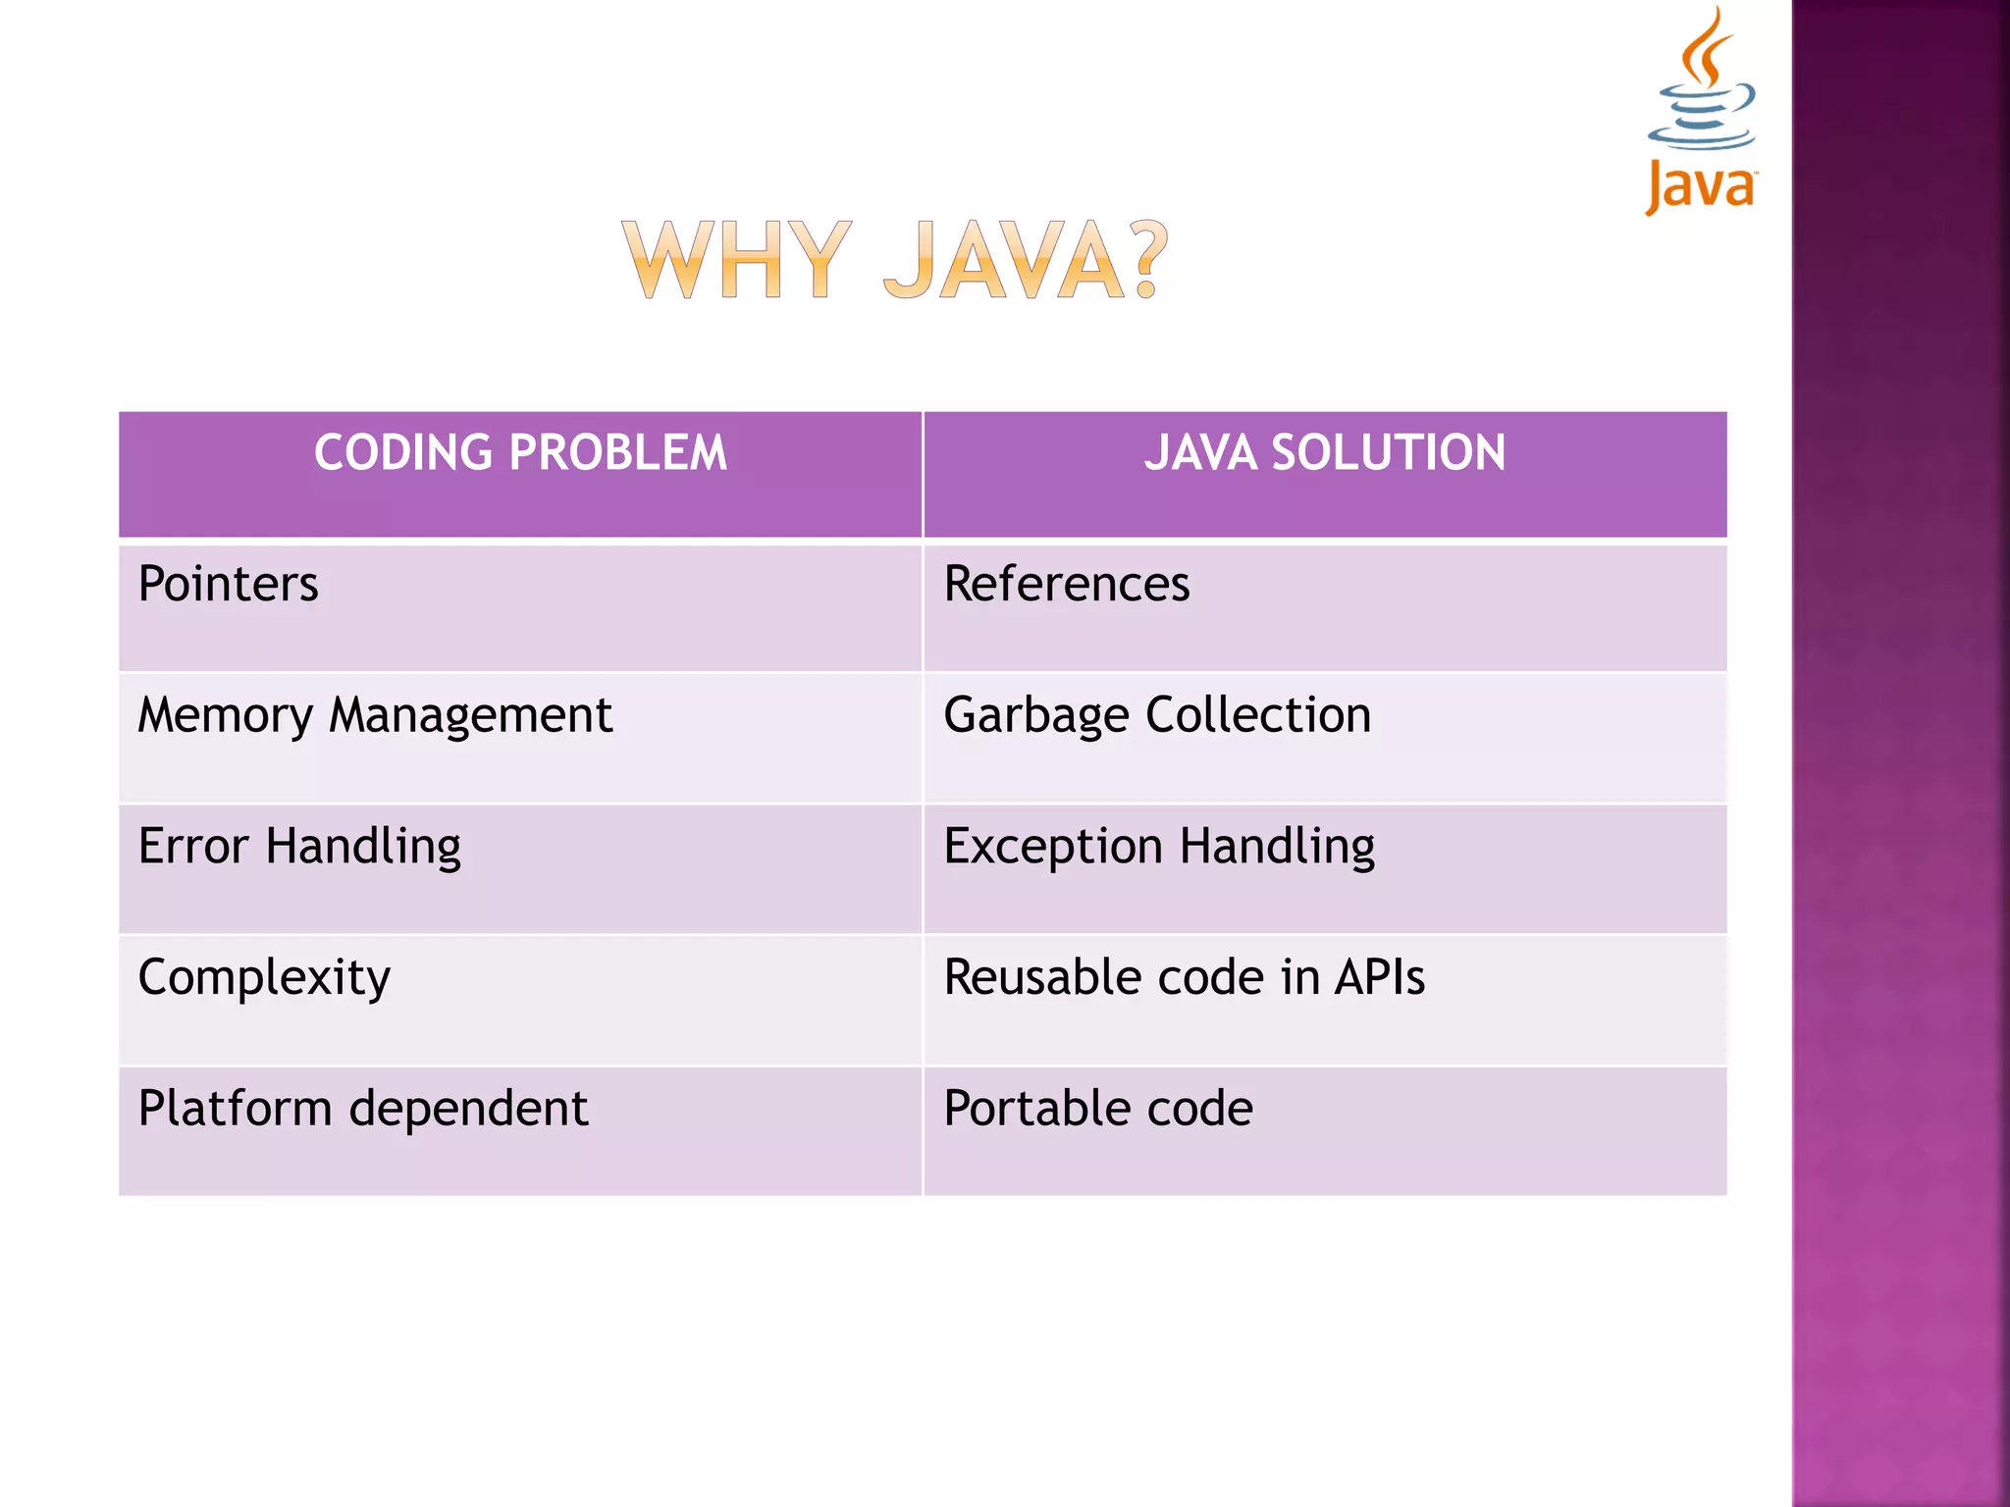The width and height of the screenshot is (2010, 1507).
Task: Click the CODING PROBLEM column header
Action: coord(520,453)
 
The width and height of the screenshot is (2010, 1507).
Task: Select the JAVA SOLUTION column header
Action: coord(1324,453)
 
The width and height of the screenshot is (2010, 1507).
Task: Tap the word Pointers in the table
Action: coord(228,585)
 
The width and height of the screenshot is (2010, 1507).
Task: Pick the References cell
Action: coord(1066,585)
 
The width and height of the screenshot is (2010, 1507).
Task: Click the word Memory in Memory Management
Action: coord(225,715)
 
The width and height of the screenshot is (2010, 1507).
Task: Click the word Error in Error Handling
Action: coord(193,846)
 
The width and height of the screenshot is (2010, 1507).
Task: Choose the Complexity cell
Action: coord(264,978)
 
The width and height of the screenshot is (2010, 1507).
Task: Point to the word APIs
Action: coord(1379,978)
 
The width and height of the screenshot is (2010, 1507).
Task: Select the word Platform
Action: coord(235,1109)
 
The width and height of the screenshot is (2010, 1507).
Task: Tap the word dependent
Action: coord(468,1109)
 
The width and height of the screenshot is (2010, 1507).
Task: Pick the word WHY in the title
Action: coord(736,260)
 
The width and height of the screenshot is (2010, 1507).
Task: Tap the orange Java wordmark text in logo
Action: coord(1700,185)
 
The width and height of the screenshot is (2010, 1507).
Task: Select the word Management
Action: coord(470,715)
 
